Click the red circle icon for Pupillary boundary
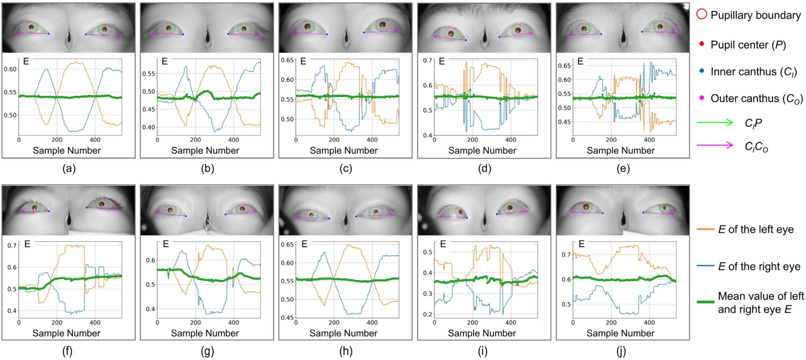point(701,14)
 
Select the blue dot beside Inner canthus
point(701,71)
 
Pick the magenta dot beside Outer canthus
point(701,98)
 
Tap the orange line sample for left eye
point(705,229)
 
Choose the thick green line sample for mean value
point(705,302)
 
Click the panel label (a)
point(69,169)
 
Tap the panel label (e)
point(623,169)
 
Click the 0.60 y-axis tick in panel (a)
point(10,69)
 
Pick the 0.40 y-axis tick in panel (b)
point(149,127)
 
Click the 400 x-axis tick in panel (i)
point(511,322)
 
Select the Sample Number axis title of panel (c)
point(343,150)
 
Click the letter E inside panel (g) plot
point(166,244)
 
